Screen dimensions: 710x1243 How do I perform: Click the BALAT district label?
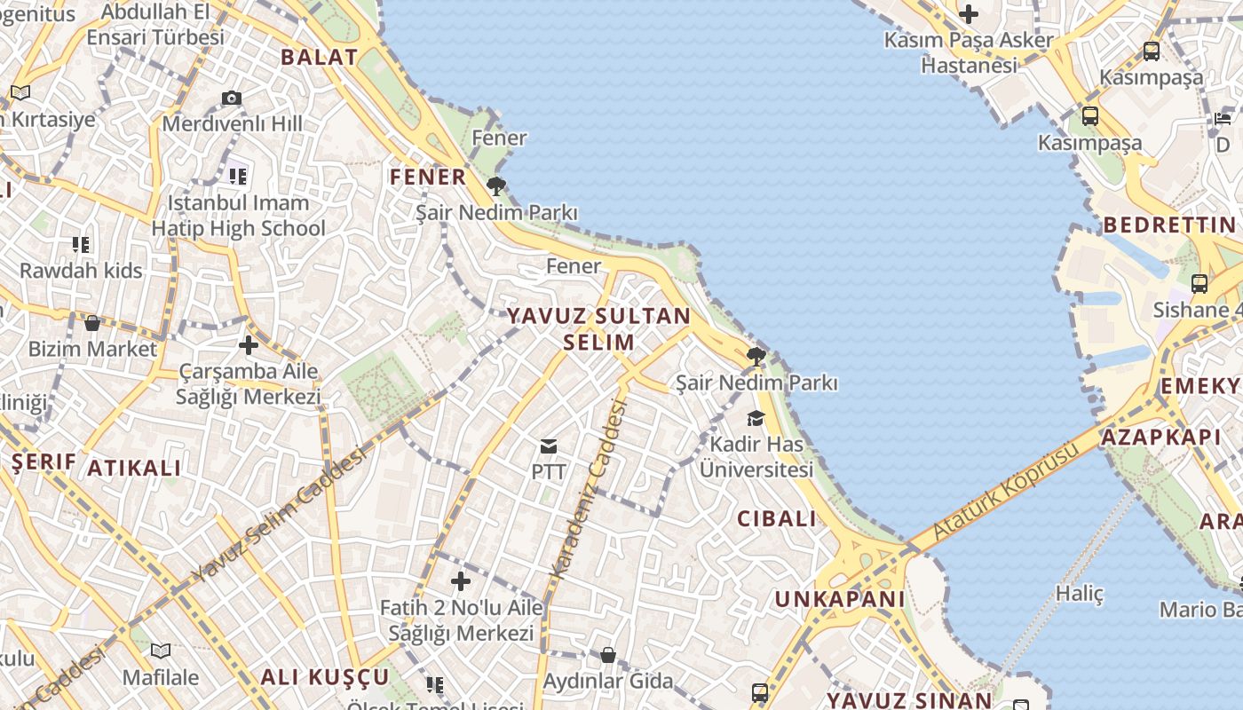pyautogui.click(x=320, y=58)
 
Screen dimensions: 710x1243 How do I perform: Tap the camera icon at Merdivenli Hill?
pyautogui.click(x=232, y=98)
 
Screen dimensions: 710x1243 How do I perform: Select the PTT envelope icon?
pyautogui.click(x=549, y=446)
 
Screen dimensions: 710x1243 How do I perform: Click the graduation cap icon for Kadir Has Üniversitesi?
pyautogui.click(x=756, y=418)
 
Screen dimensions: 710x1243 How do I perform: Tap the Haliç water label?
pyautogui.click(x=1079, y=594)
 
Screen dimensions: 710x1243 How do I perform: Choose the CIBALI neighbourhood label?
pyautogui.click(x=777, y=519)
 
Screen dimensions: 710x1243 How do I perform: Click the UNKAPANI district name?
pyautogui.click(x=840, y=599)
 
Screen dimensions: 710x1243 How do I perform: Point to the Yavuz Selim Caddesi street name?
pyautogui.click(x=279, y=515)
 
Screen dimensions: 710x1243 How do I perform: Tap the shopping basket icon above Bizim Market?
pyautogui.click(x=92, y=322)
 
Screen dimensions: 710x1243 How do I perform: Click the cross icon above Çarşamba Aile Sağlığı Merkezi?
pyautogui.click(x=249, y=345)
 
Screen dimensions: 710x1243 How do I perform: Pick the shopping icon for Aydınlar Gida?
pyautogui.click(x=608, y=655)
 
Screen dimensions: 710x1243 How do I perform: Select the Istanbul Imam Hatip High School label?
pyautogui.click(x=238, y=216)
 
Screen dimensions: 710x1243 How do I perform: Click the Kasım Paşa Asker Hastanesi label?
pyautogui.click(x=969, y=52)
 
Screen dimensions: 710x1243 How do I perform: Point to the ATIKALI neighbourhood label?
pyautogui.click(x=134, y=468)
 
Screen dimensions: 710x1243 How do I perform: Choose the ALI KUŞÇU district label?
pyautogui.click(x=325, y=677)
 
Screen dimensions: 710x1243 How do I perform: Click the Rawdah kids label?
pyautogui.click(x=81, y=271)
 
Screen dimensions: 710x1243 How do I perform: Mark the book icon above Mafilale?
pyautogui.click(x=161, y=651)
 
